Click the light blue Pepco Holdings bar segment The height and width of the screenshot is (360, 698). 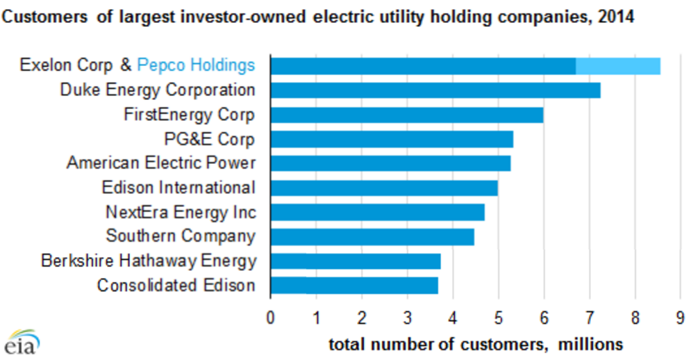[617, 66]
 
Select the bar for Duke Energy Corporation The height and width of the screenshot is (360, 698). [435, 90]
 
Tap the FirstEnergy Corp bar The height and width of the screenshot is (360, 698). [406, 115]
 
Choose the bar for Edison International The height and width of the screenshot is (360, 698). [383, 188]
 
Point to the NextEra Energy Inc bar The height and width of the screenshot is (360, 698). [377, 212]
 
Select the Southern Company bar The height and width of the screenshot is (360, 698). [372, 236]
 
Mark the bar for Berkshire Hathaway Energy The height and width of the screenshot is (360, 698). [355, 261]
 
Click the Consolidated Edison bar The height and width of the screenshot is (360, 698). [354, 286]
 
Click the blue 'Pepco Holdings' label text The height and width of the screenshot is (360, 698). [196, 65]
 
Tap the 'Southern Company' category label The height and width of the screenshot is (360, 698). [181, 236]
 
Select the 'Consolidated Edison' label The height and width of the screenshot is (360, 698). [176, 286]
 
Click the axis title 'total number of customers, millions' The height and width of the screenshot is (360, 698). [476, 344]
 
